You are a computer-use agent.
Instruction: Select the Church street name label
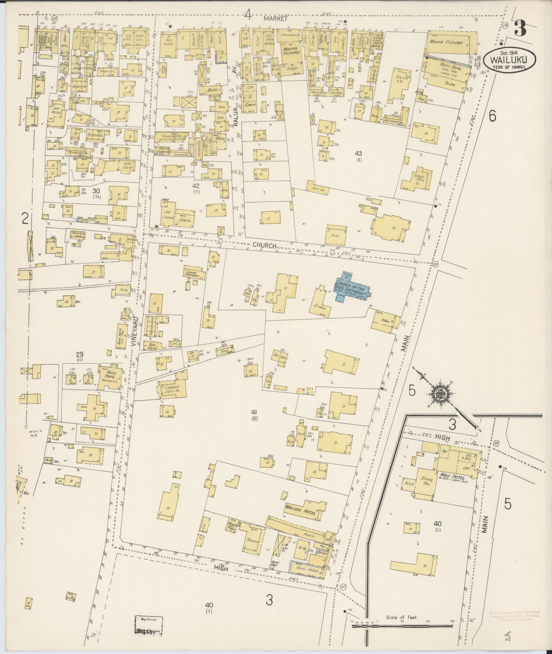point(265,245)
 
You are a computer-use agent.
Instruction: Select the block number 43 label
point(359,154)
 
